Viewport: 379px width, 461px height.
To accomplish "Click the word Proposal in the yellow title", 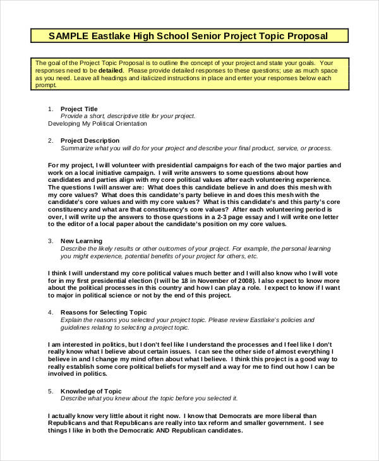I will (x=306, y=35).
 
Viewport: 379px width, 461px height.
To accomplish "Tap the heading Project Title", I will (x=79, y=109).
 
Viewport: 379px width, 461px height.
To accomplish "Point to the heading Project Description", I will (x=90, y=140).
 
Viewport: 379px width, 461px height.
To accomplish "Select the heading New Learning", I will (x=81, y=241).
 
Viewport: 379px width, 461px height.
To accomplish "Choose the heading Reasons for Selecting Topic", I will (x=104, y=312).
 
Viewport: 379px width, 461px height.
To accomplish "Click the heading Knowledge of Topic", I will (x=92, y=391).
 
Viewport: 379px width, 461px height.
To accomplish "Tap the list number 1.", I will (x=50, y=109).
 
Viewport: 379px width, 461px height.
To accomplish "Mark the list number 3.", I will (x=50, y=241).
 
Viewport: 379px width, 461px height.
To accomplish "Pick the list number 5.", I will (x=50, y=391).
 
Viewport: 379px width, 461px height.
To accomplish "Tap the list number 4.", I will (x=50, y=312).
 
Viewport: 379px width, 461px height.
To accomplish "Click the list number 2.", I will (x=50, y=140).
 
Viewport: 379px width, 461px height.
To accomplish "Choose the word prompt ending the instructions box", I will (x=45, y=87).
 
